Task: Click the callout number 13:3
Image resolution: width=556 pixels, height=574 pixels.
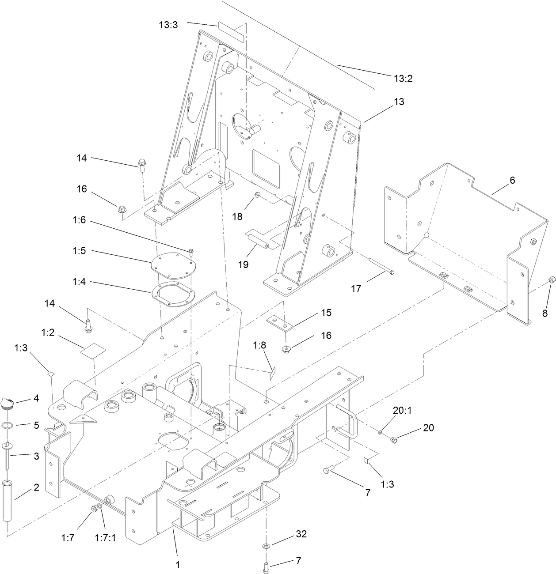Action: [168, 25]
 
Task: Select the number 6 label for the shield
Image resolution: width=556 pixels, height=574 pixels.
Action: [512, 180]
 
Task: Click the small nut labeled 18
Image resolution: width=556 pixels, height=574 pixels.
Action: [257, 195]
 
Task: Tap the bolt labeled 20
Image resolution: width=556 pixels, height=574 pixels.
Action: [394, 439]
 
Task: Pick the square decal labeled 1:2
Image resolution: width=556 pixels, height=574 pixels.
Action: [93, 351]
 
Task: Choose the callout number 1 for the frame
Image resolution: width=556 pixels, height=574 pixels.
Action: [178, 565]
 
